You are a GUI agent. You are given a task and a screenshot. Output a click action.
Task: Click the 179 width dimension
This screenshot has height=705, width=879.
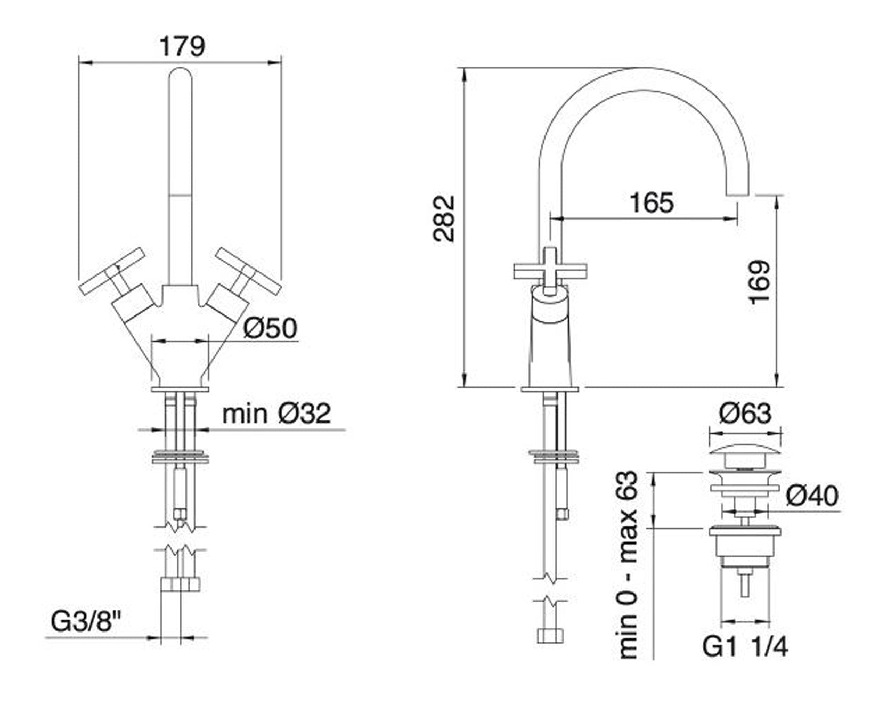coord(182,46)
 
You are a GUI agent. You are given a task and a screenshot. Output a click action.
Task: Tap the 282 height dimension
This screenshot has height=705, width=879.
coord(444,219)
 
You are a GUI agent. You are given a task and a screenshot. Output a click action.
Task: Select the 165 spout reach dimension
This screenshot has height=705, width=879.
coord(651,203)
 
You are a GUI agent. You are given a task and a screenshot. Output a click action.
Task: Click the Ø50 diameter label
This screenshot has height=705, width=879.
coord(270,328)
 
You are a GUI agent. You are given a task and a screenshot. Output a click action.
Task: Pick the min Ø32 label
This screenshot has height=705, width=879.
coord(276,414)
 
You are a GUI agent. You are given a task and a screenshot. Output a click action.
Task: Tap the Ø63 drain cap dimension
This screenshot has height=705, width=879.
coord(745,414)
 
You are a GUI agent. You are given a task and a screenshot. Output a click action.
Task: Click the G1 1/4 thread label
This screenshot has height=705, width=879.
coord(745,647)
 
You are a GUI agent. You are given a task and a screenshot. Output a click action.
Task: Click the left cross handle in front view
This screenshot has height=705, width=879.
coord(113,270)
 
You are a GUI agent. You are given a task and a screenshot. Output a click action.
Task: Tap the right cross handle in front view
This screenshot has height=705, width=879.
coord(249,270)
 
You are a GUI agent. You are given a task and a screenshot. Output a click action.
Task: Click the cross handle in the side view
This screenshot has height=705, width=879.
coord(550,271)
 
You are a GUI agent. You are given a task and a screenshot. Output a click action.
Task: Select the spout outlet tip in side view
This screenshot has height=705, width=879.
coord(738,193)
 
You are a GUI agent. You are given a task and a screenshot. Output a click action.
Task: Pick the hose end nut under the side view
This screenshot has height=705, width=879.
coord(550,636)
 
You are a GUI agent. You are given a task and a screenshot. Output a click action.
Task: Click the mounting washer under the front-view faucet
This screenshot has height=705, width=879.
coord(180,457)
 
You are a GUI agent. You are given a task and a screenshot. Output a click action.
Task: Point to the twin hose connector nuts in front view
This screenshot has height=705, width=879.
coord(180,585)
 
